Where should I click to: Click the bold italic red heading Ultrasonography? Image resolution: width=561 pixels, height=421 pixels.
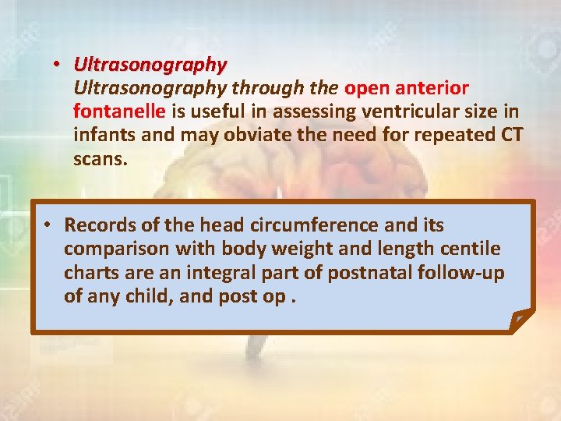[x=150, y=64]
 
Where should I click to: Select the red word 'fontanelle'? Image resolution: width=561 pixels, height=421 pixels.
[x=119, y=112]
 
